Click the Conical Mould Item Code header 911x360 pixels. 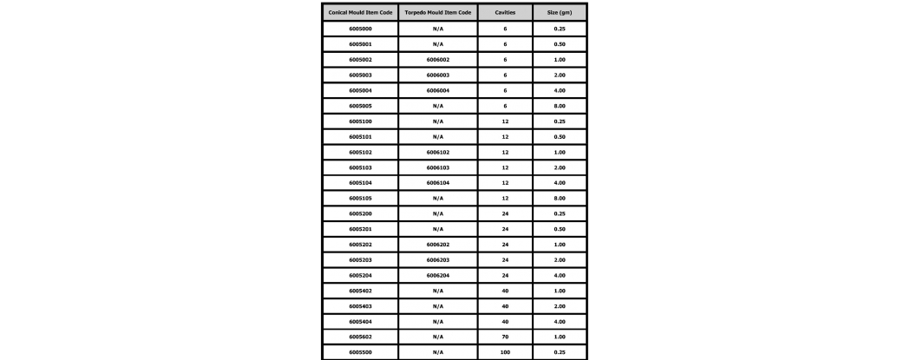[360, 12]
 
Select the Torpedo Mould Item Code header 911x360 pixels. [438, 12]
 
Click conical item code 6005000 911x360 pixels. [360, 29]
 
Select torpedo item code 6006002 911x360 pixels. [438, 60]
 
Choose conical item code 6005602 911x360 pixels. [360, 336]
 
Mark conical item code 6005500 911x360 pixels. [360, 351]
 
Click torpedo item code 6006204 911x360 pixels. [438, 274]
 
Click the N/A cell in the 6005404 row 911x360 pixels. [438, 320]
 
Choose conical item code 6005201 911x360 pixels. [360, 228]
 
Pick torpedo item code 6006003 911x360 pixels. [438, 75]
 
